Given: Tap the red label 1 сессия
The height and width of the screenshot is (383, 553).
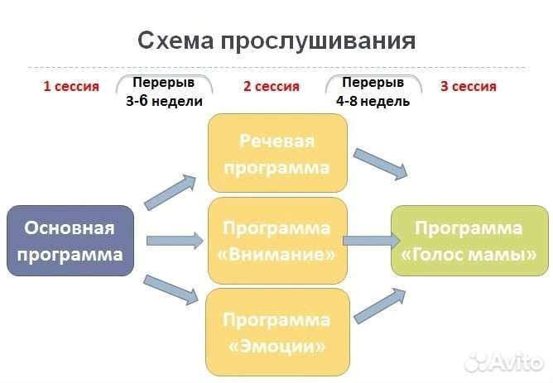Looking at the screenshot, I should click(x=71, y=86).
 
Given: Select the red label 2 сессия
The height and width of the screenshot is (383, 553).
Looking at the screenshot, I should click(x=271, y=86).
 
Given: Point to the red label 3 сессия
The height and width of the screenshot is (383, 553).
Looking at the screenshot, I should click(x=468, y=86).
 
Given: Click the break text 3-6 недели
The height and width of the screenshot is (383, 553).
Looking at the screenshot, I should click(x=164, y=100).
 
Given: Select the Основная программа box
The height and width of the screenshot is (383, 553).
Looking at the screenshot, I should click(x=70, y=241).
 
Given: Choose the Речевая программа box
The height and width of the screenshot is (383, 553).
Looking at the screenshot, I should click(x=276, y=154).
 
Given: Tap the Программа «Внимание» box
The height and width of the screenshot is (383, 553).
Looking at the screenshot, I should click(x=276, y=241).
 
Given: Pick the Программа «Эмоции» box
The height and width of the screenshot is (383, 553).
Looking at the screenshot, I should click(x=276, y=332).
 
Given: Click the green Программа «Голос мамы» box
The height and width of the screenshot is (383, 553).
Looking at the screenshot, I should click(x=469, y=241).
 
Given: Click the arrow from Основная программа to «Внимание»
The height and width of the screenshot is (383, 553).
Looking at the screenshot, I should click(x=174, y=242).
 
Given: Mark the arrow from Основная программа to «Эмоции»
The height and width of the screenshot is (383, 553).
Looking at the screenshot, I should click(x=171, y=290).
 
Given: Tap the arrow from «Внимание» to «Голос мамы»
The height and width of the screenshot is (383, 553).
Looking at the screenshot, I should click(x=372, y=241).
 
